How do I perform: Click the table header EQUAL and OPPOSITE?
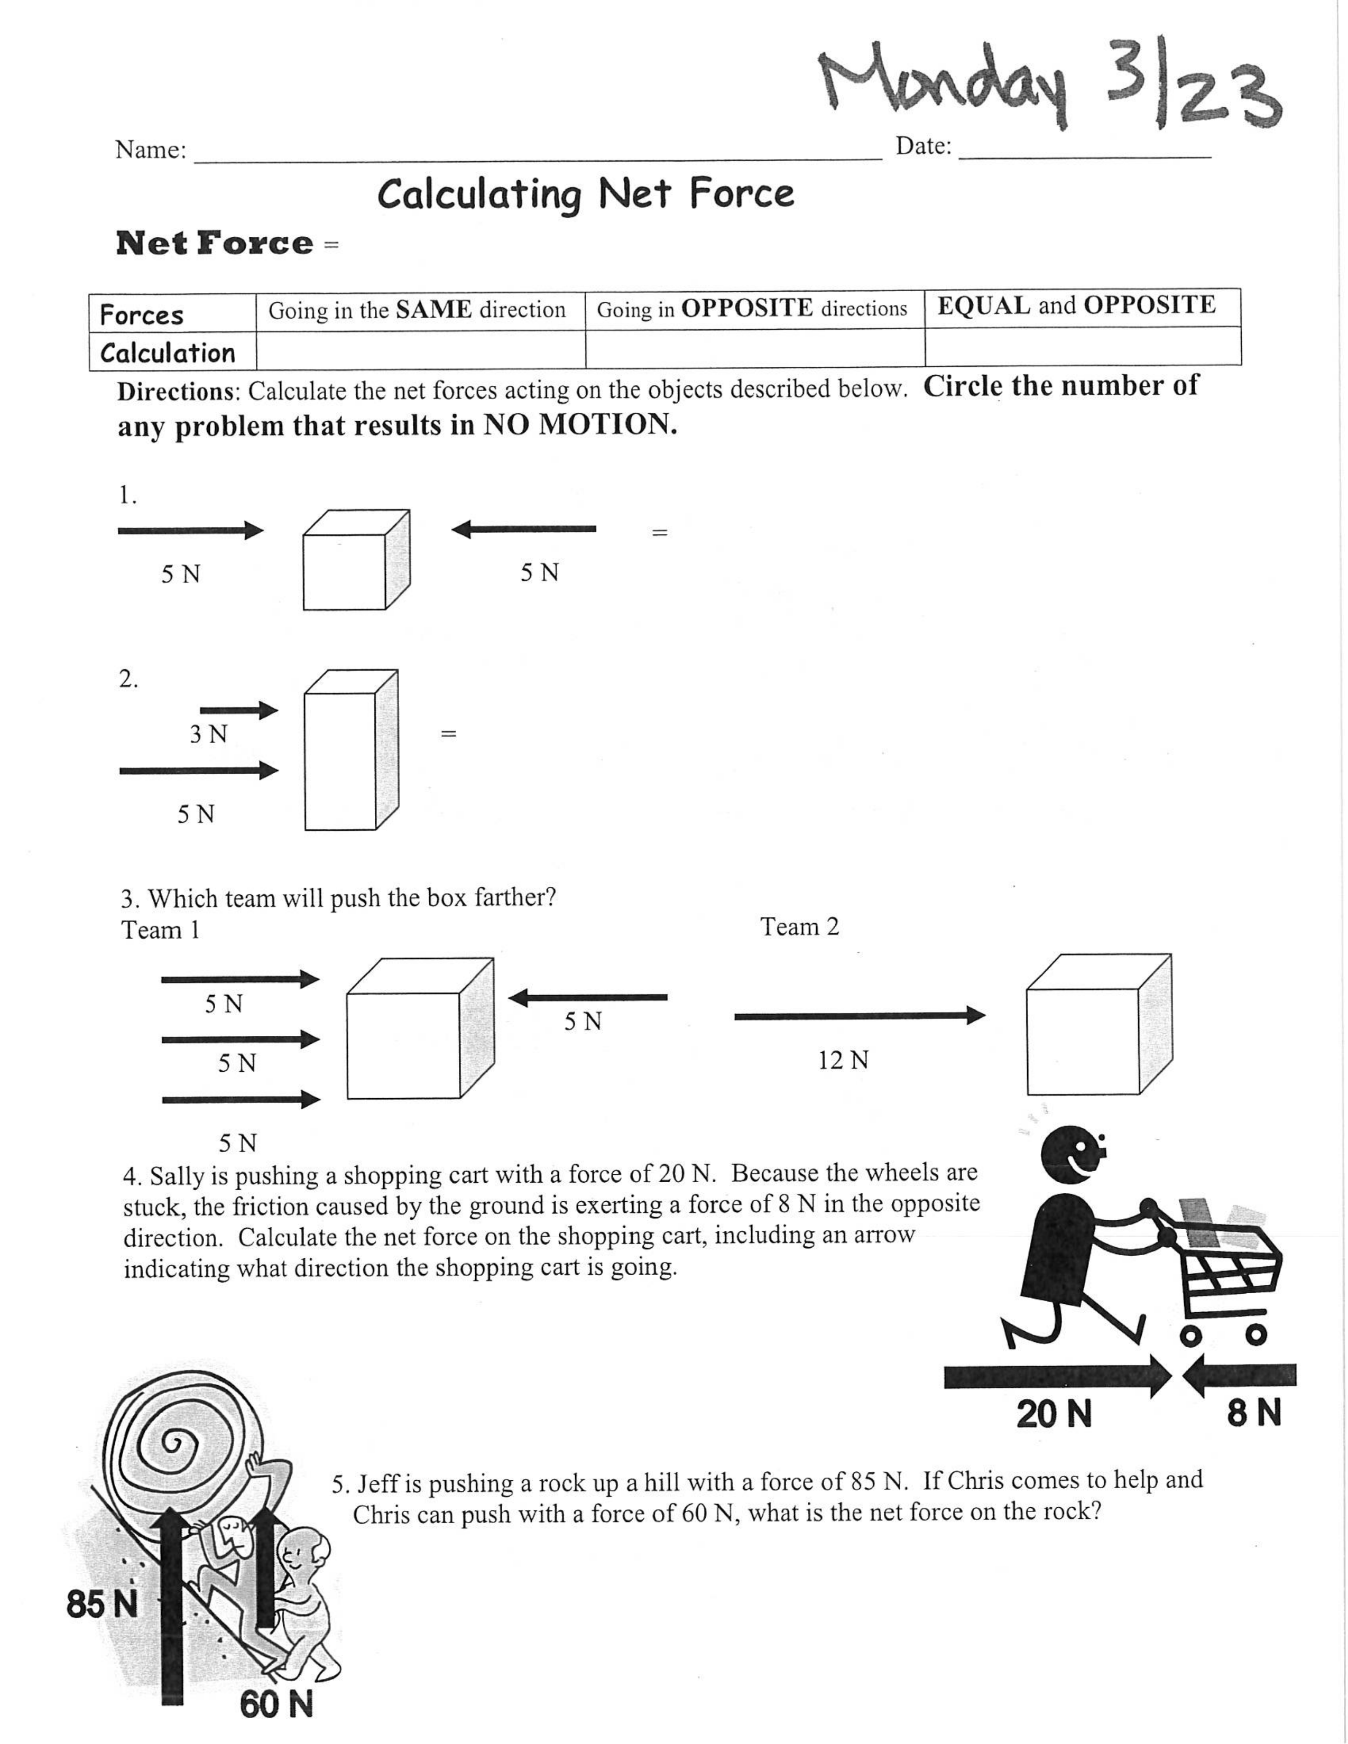[x=1076, y=306]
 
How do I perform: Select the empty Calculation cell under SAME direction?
[x=420, y=350]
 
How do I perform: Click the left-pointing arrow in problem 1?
[x=523, y=528]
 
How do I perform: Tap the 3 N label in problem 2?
[x=208, y=734]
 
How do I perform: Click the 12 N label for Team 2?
[x=843, y=1061]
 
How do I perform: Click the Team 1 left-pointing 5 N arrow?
[x=588, y=997]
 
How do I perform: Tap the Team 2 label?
[x=799, y=927]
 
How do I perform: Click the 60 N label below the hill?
[x=275, y=1705]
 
